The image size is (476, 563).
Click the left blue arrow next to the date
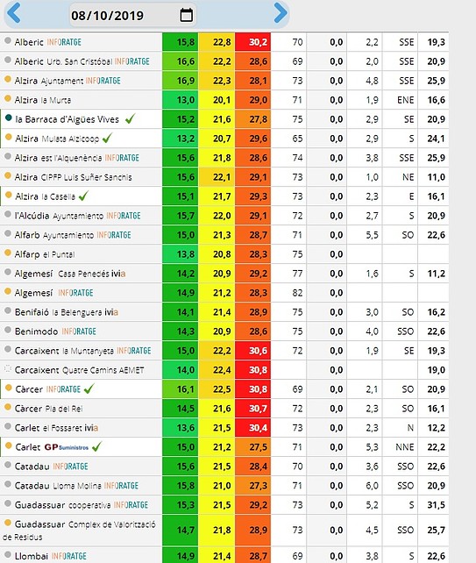[14, 13]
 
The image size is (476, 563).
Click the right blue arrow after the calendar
[281, 13]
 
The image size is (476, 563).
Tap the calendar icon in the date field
[186, 15]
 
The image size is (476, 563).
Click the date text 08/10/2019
[107, 16]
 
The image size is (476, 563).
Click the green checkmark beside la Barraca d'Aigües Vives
[130, 119]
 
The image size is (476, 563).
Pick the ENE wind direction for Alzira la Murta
[405, 100]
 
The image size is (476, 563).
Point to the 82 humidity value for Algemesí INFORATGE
[297, 293]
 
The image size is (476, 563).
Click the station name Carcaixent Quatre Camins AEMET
[79, 370]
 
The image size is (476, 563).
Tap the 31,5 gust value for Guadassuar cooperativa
[436, 505]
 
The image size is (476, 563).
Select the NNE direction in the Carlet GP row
[405, 447]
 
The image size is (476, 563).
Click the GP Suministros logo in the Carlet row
[67, 447]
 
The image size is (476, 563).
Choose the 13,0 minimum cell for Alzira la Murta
[181, 100]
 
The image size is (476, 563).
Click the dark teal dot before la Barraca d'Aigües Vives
[8, 118]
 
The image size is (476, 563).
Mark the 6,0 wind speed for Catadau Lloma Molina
[372, 486]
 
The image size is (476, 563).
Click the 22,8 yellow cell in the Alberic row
[217, 42]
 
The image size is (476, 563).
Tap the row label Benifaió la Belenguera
[67, 312]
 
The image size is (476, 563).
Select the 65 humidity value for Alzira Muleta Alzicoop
[297, 139]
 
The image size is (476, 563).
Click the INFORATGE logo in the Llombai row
[69, 556]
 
